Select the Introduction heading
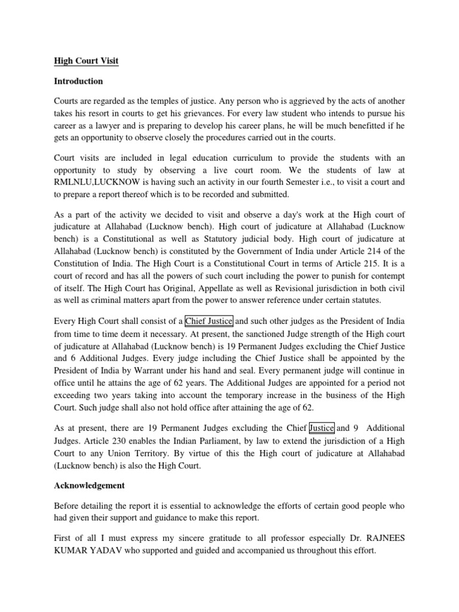tap(79, 81)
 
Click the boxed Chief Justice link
tap(209, 321)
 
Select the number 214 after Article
tap(380, 250)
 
